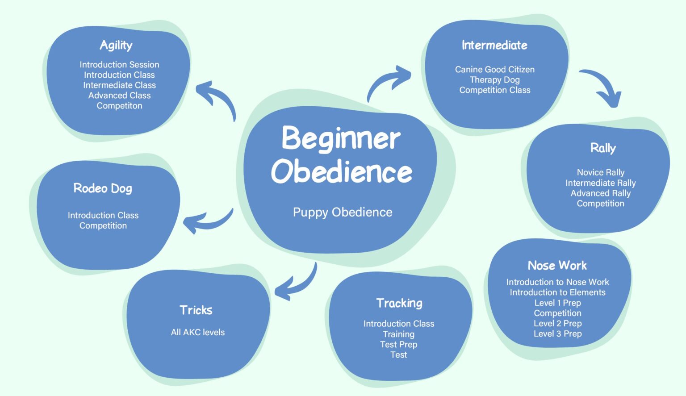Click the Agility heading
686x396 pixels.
click(116, 45)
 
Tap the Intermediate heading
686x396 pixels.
click(494, 45)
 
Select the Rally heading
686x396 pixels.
click(603, 148)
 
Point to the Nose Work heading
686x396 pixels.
click(557, 266)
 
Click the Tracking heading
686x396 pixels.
click(399, 303)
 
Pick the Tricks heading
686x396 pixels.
click(196, 310)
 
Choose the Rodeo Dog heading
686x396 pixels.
click(103, 188)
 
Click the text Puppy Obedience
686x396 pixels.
click(343, 212)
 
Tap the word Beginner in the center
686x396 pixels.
click(341, 138)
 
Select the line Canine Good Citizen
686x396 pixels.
click(495, 69)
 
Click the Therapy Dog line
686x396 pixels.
click(495, 79)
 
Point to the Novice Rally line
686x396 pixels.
click(601, 172)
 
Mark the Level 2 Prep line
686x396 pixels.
click(558, 323)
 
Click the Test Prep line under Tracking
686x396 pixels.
click(399, 344)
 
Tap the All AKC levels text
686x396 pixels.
click(198, 332)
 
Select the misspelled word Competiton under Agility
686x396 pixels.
click(120, 106)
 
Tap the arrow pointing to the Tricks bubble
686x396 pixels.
click(297, 283)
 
